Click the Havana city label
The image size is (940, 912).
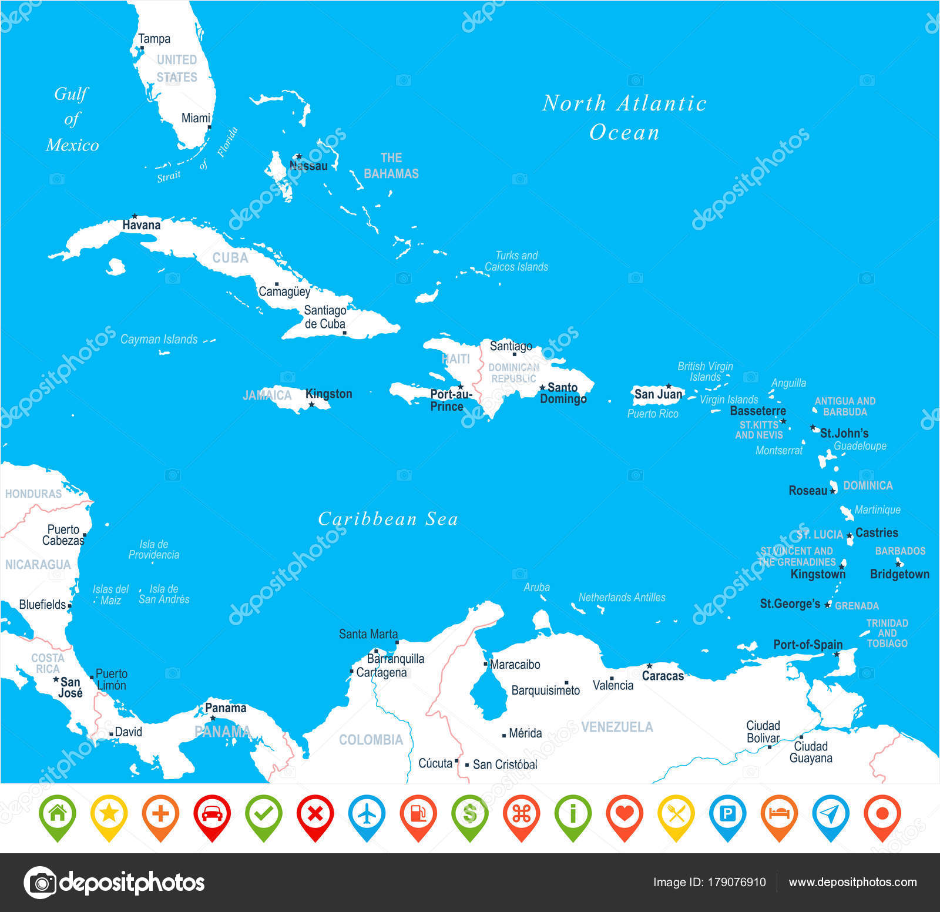[141, 225]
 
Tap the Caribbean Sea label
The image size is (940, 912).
[388, 519]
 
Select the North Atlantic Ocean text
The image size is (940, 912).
[624, 118]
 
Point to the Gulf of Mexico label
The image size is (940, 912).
[72, 119]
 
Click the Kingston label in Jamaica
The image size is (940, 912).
[328, 394]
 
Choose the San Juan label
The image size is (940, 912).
[658, 394]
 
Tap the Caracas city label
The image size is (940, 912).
[663, 676]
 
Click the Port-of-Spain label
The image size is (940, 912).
[807, 645]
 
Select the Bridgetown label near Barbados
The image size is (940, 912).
[899, 574]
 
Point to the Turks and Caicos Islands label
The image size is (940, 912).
[516, 261]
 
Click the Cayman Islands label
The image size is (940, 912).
[159, 339]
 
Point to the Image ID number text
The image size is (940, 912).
[709, 882]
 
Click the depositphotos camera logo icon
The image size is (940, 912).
[40, 882]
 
